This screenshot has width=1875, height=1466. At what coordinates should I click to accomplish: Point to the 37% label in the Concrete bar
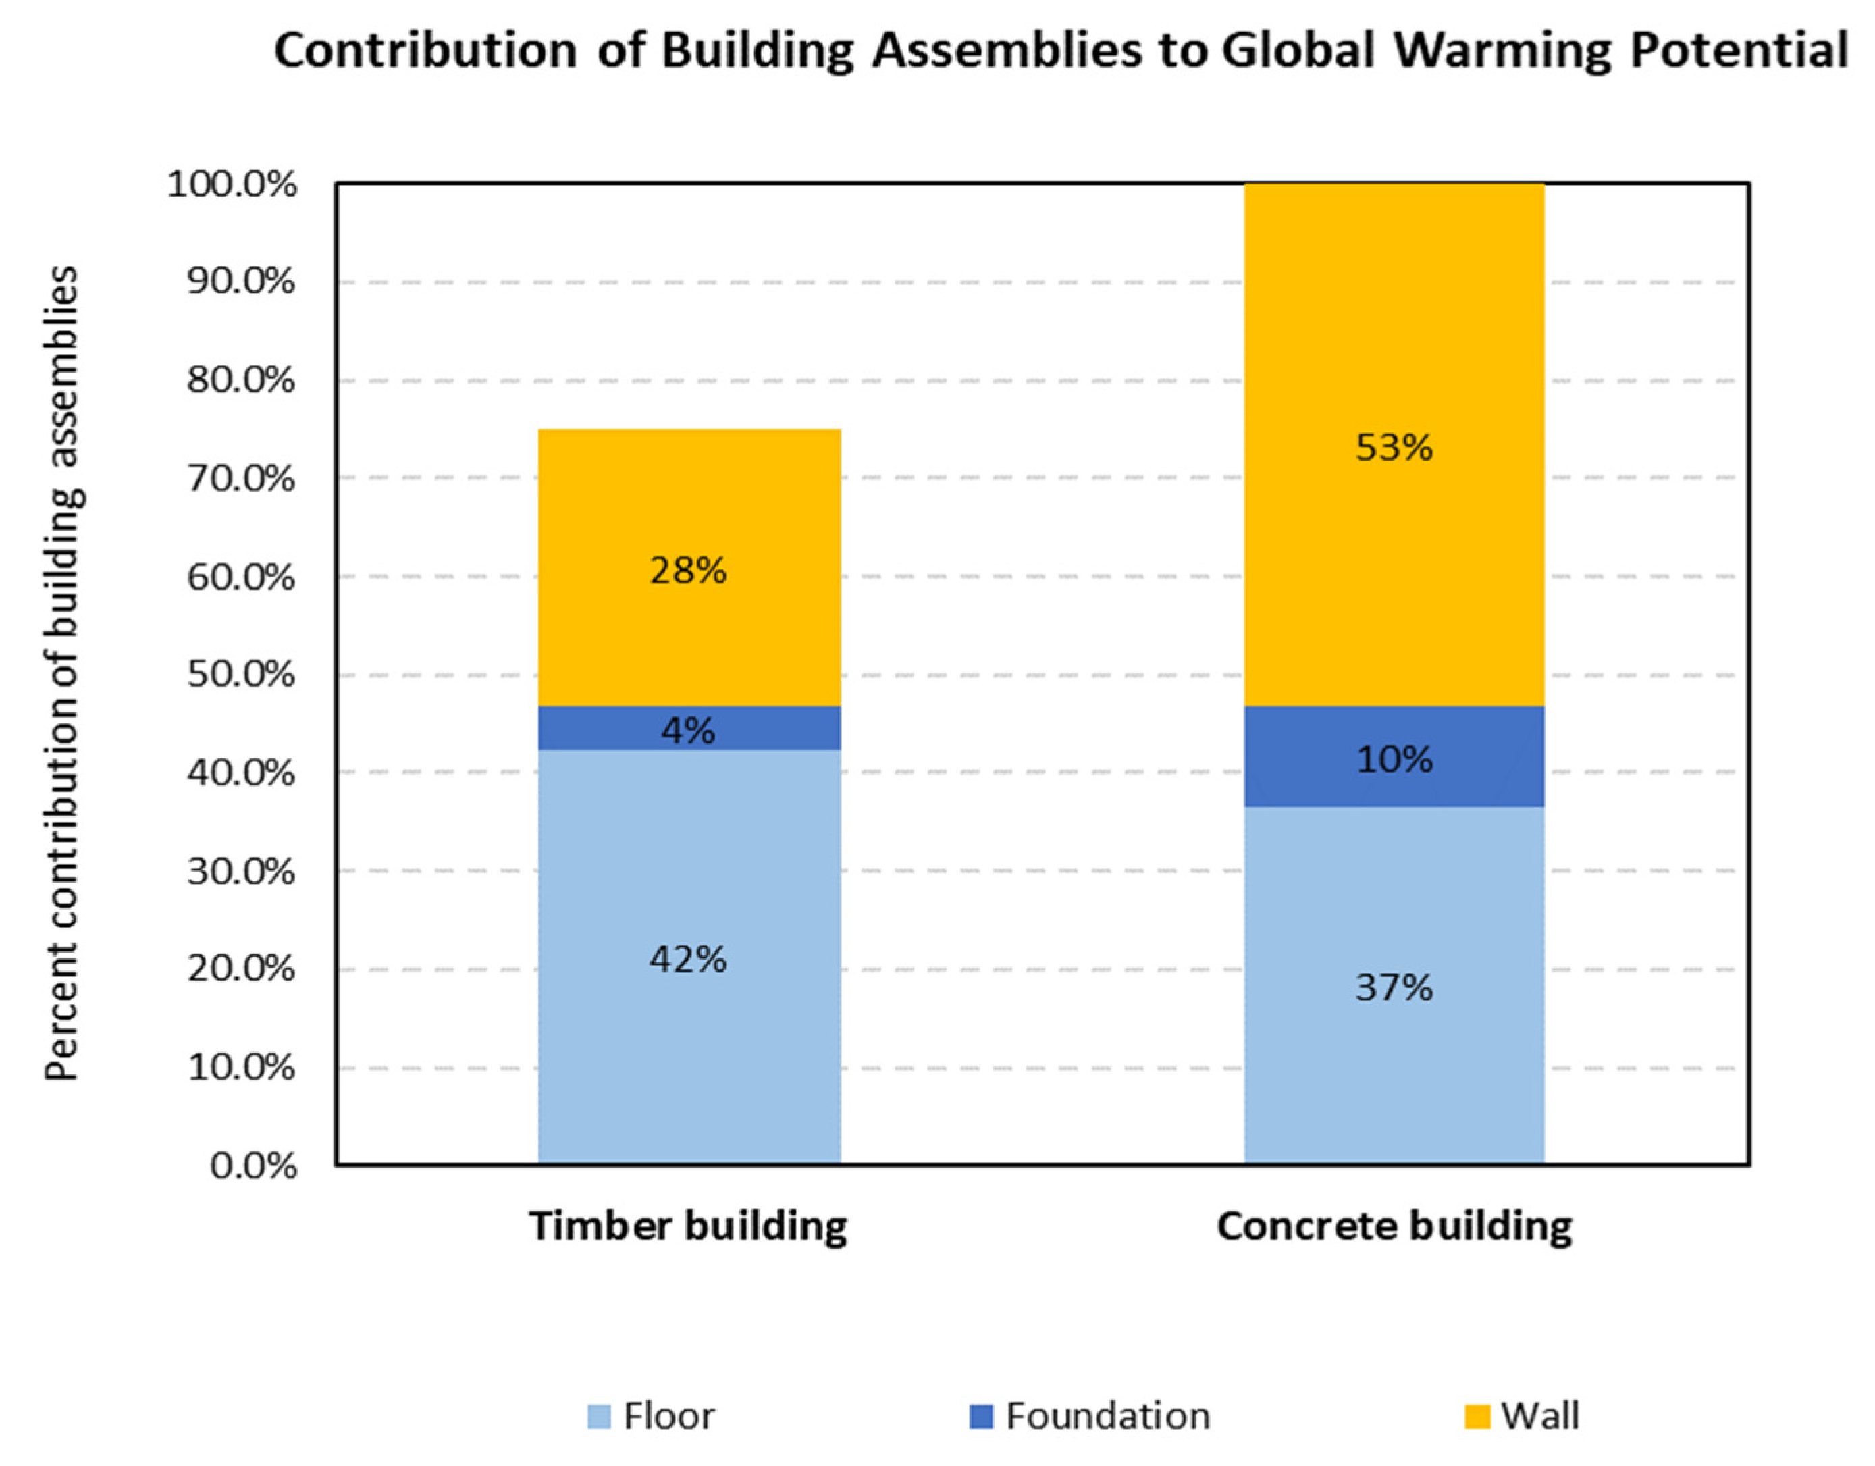(x=1394, y=988)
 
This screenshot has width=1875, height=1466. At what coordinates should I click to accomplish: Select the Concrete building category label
(x=1394, y=1226)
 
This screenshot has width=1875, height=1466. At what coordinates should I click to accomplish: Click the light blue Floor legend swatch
(x=598, y=1416)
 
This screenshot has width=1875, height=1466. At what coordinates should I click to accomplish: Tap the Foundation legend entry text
(x=1107, y=1416)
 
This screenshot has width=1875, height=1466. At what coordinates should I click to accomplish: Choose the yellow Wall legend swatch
(x=1477, y=1416)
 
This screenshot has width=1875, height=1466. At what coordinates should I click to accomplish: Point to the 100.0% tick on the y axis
(x=232, y=184)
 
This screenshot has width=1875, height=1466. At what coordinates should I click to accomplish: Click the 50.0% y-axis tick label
(x=240, y=675)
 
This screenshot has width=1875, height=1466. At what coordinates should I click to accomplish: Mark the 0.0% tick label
(x=253, y=1166)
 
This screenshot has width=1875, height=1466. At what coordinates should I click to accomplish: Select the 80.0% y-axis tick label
(x=240, y=379)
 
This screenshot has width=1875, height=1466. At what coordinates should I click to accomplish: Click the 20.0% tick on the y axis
(x=240, y=969)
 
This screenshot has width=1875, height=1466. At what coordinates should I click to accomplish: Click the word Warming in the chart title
(x=1502, y=50)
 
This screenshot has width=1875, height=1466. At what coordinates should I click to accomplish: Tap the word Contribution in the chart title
(x=425, y=50)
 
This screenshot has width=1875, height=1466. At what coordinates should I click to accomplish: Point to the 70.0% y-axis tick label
(x=240, y=478)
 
